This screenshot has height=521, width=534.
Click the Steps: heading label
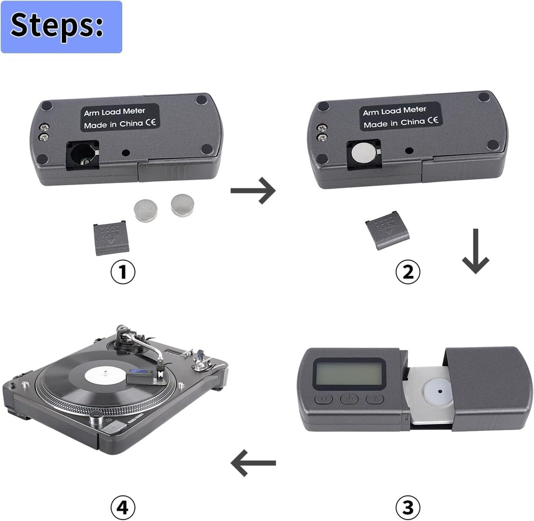[x=61, y=27]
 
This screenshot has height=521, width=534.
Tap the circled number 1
[x=123, y=272]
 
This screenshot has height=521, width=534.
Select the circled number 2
[x=407, y=272]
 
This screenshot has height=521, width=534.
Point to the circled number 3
[x=407, y=506]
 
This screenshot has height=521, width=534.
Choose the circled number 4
[x=123, y=506]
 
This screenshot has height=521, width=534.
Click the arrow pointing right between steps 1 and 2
[x=253, y=190]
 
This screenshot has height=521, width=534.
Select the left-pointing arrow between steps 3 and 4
[x=253, y=463]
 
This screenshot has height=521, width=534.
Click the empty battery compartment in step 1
[x=82, y=155]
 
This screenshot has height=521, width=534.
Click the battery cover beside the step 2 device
[x=387, y=229]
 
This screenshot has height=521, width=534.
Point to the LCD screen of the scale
[x=350, y=372]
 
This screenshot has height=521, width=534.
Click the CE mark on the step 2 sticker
[x=434, y=121]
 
